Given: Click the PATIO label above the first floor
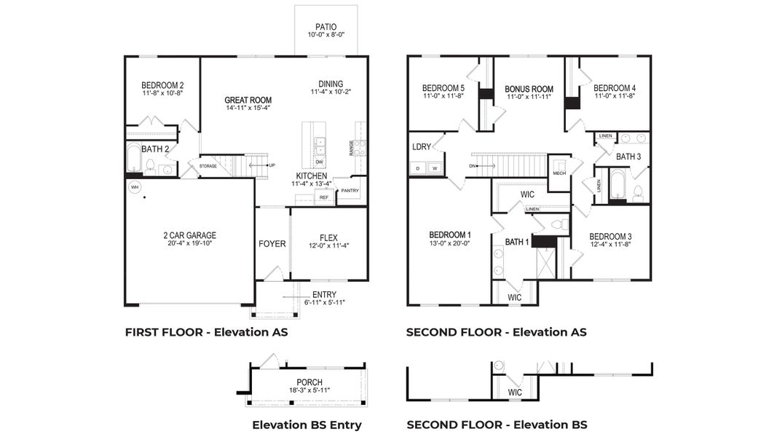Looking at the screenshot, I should click(326, 27).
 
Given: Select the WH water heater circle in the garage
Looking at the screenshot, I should click(134, 187).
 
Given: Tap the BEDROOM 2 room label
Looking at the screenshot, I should click(162, 85).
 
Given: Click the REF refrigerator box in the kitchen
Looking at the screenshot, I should click(324, 197).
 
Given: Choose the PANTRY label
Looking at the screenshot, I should click(350, 191).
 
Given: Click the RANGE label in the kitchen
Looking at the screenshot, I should click(352, 148).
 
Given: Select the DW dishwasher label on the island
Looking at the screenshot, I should click(320, 161).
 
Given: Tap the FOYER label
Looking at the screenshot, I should click(272, 243).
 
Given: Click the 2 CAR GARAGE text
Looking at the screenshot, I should click(189, 235).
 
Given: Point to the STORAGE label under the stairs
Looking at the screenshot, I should click(208, 166).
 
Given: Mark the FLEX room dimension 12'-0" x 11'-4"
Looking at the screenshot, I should click(328, 245).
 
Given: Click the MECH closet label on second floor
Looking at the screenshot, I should click(559, 173).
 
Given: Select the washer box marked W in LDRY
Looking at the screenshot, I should click(435, 168).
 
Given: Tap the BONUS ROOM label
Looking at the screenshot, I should click(529, 89).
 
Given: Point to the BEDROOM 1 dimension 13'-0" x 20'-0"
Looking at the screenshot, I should click(449, 243).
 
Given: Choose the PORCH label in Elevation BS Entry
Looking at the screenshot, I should click(309, 382).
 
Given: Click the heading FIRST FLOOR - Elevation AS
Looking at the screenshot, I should click(207, 332).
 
